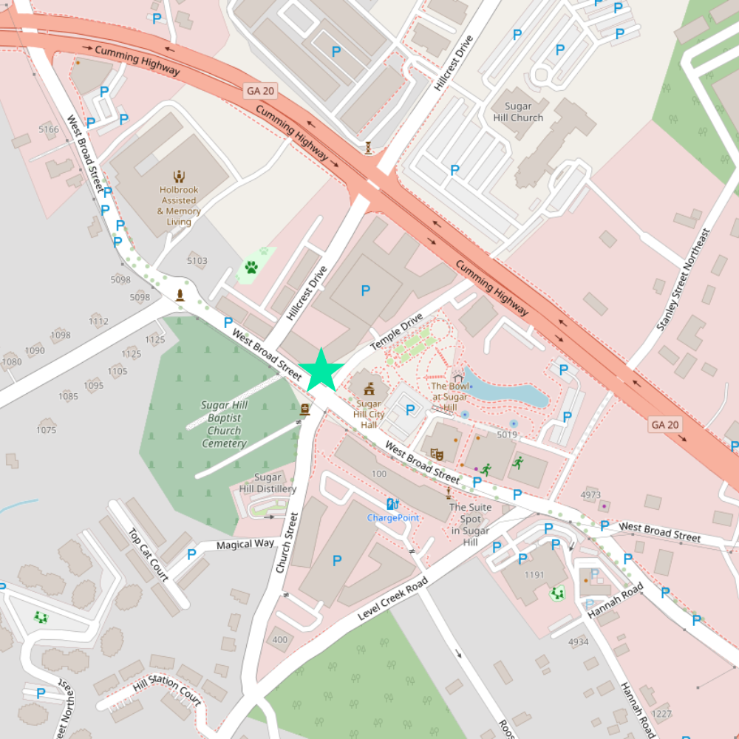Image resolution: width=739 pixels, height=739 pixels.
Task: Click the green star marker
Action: point(321,369)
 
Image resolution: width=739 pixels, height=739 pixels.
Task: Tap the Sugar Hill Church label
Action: point(518,112)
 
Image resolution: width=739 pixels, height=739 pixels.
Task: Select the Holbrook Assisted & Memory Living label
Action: point(179,205)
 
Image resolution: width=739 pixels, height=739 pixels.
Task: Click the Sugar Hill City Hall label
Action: point(369,415)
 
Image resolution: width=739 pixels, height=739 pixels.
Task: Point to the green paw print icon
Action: point(251,267)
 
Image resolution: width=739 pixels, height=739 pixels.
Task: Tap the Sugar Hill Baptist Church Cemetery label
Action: point(224,424)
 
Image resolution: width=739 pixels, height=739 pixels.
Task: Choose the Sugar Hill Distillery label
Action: point(268,483)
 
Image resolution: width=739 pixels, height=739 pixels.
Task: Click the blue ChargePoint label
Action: point(393,517)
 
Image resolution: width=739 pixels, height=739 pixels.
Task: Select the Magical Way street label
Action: point(245,545)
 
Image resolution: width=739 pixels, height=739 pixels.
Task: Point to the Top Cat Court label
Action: point(149,554)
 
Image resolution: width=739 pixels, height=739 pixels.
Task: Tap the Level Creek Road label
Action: point(392,599)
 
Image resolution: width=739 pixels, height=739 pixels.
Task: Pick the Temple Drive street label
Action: point(396,331)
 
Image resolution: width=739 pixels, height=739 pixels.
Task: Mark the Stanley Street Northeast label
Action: point(683,279)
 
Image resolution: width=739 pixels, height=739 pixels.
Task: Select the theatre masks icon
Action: point(437,454)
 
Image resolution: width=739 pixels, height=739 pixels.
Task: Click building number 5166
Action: point(49,129)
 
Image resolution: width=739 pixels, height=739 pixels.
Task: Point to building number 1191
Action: point(534,575)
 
